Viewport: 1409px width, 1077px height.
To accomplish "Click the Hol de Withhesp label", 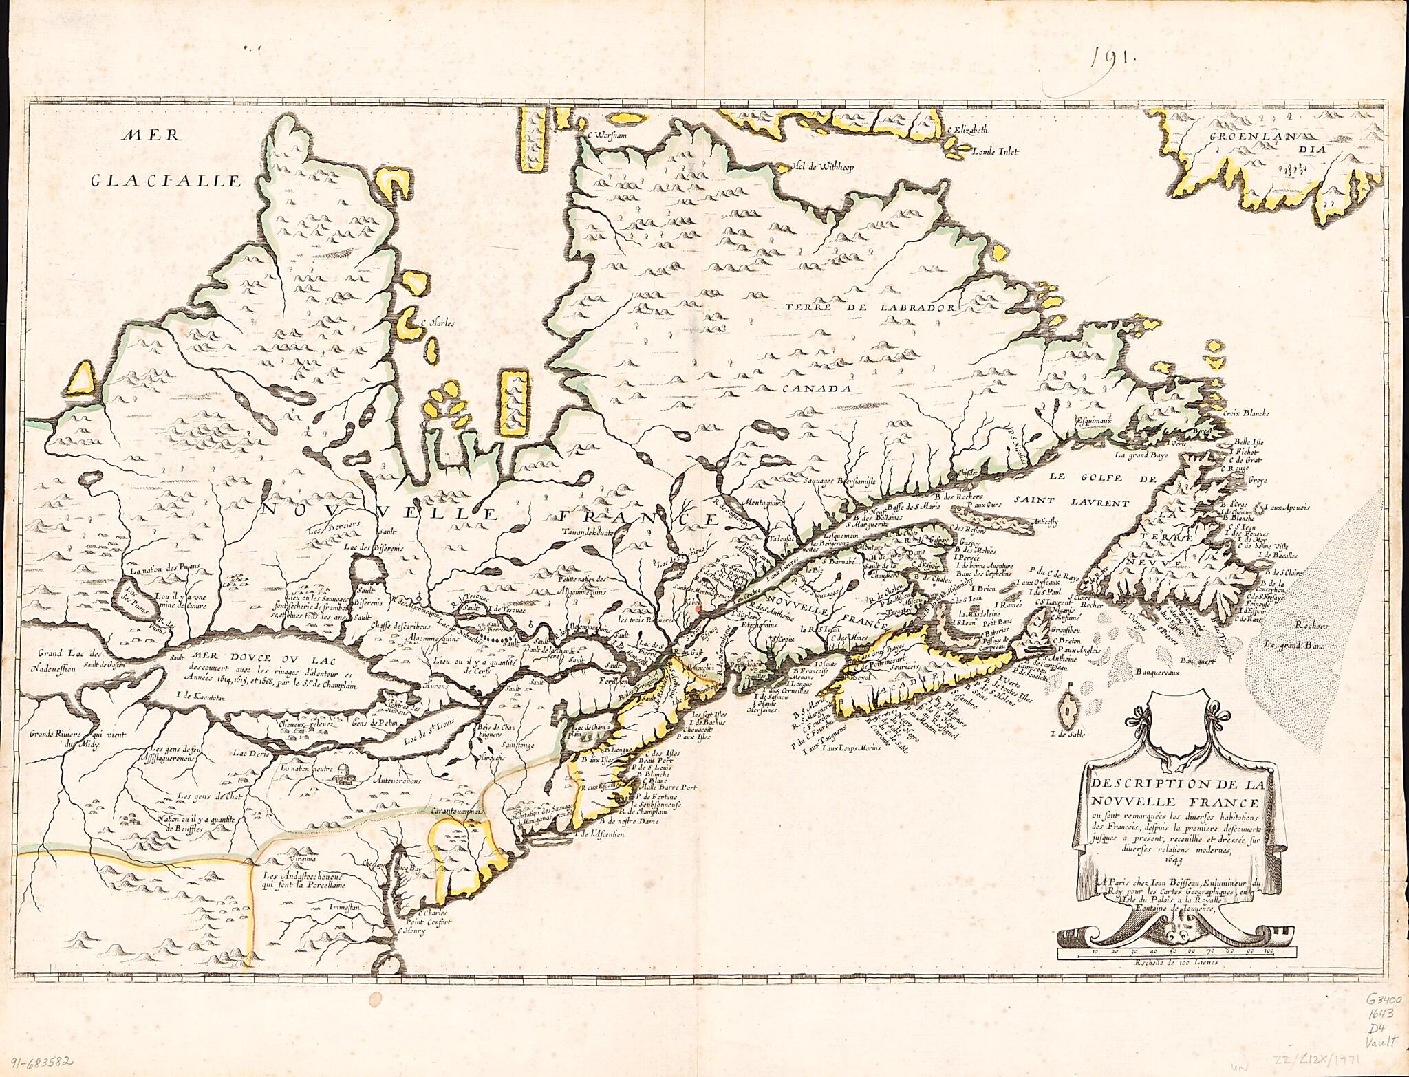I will pyautogui.click(x=821, y=166).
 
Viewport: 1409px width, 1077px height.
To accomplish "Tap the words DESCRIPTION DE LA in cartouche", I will pyautogui.click(x=1168, y=786).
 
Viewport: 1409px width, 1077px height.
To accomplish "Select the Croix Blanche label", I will pyautogui.click(x=1246, y=414).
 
